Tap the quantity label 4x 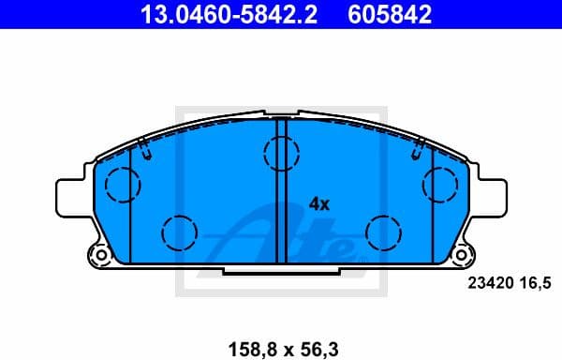pyautogui.click(x=319, y=203)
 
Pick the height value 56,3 pyautogui.click(x=318, y=349)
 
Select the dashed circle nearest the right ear pyautogui.click(x=439, y=185)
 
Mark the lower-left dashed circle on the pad pyautogui.click(x=178, y=231)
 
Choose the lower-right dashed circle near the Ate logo pyautogui.click(x=383, y=231)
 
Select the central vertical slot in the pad pyautogui.click(x=279, y=202)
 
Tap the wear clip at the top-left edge pyautogui.click(x=143, y=146)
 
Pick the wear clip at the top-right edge pyautogui.click(x=418, y=146)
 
